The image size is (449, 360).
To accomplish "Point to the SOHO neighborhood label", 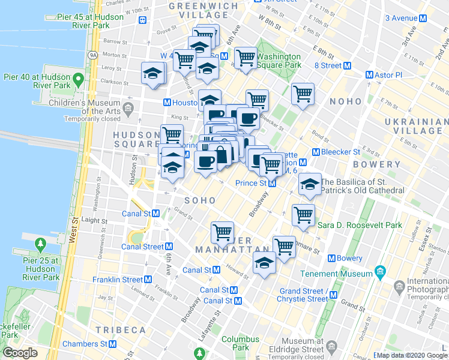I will coord(199,200).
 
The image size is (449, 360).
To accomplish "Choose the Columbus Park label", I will coord(240,343).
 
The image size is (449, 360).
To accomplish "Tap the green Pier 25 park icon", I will coord(41,244).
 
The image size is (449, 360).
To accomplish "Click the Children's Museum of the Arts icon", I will coord(128,109).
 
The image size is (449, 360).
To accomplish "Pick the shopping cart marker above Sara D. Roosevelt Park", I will coord(303,215).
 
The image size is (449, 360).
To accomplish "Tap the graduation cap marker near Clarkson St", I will coord(152,74).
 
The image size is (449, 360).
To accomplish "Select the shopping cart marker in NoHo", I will coord(303,94).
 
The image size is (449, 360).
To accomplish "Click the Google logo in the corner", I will coord(20,352).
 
